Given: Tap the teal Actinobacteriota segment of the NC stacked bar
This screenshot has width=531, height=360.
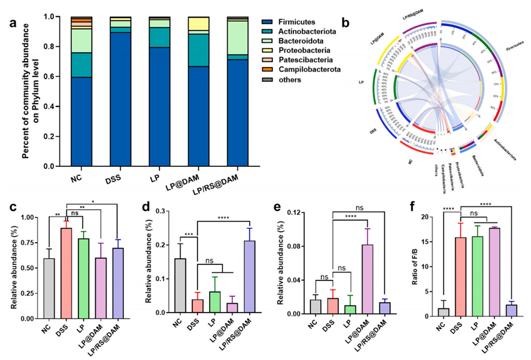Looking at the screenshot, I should pos(81,65).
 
